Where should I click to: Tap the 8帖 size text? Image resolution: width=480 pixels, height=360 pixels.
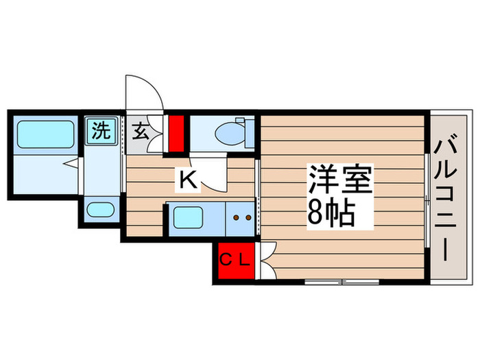click(x=331, y=215)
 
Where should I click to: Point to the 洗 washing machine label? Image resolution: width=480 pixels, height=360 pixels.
click(x=101, y=130)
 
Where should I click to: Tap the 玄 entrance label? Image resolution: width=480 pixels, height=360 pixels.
click(x=139, y=131)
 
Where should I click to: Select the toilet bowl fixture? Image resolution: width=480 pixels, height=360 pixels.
click(x=229, y=132)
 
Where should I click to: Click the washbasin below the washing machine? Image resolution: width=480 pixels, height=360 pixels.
click(x=101, y=209)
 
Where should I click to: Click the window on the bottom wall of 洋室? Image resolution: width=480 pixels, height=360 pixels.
click(x=341, y=281)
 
